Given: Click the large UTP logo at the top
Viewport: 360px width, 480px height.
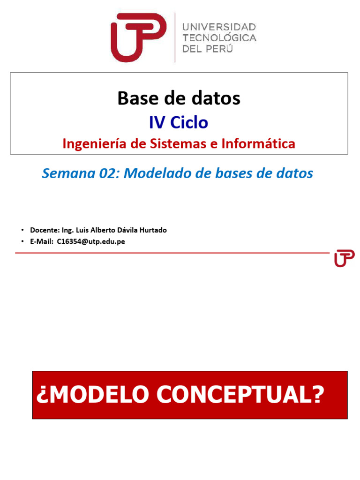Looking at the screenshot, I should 138,37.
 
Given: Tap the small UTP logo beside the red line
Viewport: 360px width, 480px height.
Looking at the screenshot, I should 344,258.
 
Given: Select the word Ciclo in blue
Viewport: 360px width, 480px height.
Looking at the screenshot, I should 189,122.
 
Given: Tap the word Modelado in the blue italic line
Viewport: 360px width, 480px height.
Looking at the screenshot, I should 152,173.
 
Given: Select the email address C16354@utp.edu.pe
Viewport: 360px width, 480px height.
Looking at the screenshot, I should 91,242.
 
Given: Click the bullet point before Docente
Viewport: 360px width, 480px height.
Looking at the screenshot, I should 22,231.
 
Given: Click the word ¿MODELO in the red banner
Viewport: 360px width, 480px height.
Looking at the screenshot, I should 91,395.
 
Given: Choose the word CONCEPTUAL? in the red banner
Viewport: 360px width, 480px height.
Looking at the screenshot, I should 240,395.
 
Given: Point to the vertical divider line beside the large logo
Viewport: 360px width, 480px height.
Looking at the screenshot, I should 175,37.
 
